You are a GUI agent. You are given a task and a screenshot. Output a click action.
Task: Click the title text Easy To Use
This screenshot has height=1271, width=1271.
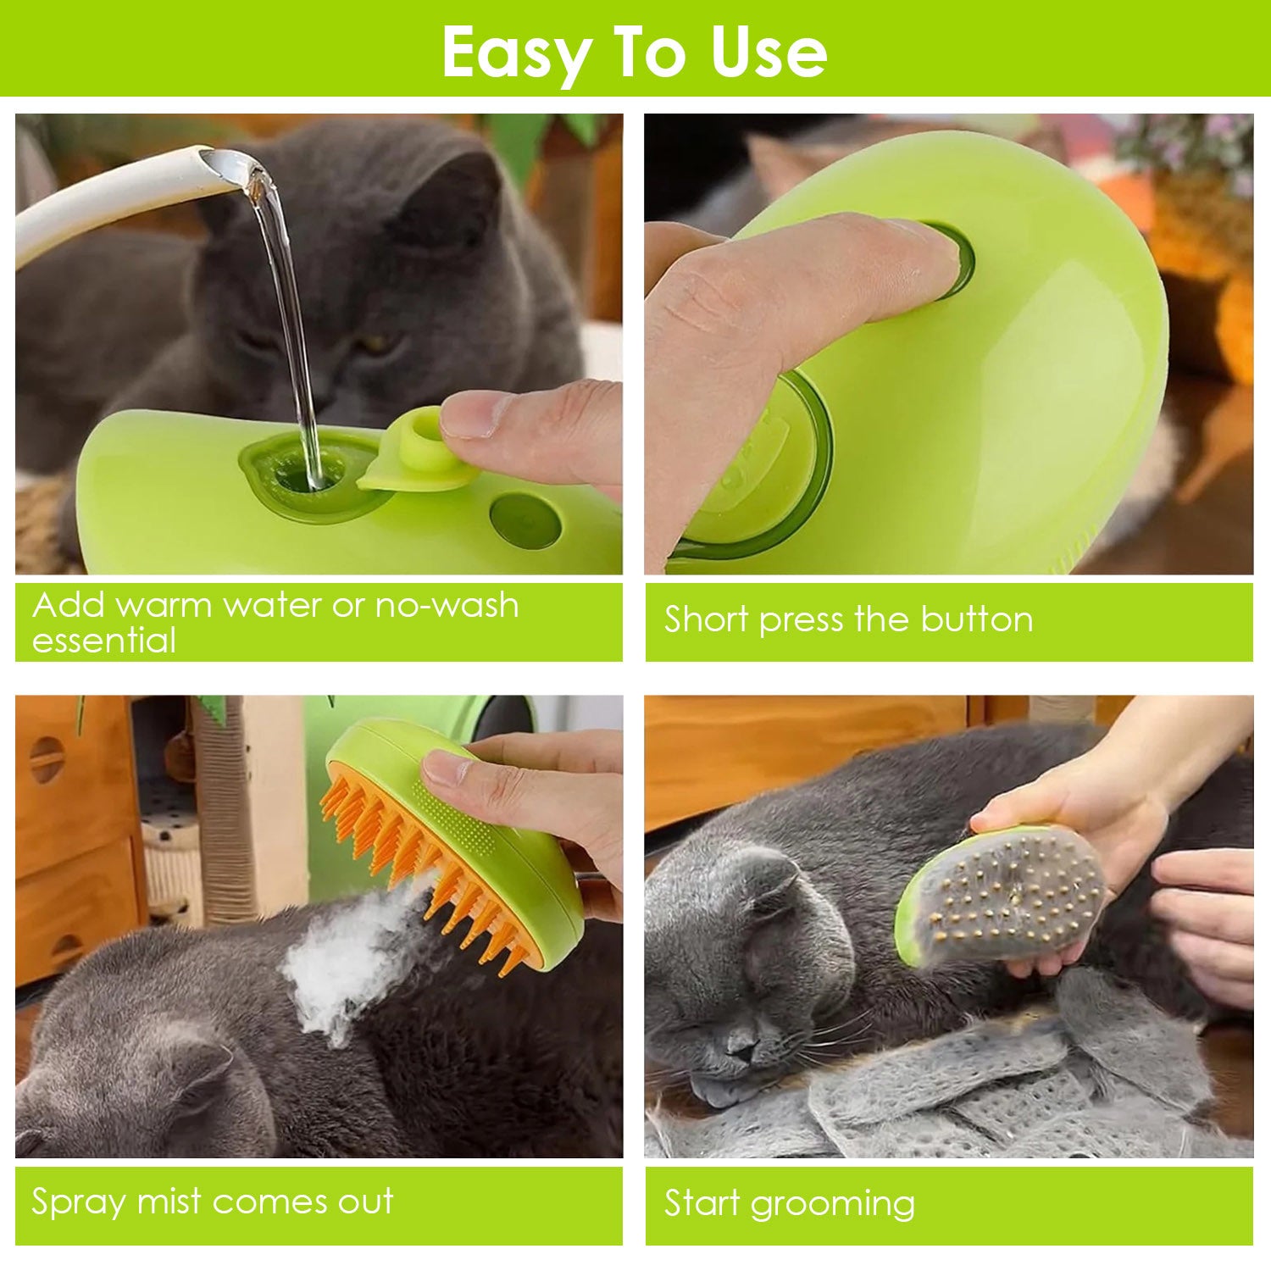pyautogui.click(x=634, y=53)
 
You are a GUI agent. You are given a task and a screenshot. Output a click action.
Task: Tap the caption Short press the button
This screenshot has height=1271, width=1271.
pyautogui.click(x=848, y=619)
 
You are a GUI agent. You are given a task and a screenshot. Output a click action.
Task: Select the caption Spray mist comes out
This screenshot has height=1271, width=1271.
pyautogui.click(x=212, y=1202)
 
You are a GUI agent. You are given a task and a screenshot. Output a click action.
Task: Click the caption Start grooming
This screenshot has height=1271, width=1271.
pyautogui.click(x=789, y=1203)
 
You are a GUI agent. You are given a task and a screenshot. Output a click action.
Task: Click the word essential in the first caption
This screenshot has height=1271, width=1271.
pyautogui.click(x=103, y=641)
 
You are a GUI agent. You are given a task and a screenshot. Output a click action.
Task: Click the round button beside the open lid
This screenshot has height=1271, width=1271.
pyautogui.click(x=525, y=519)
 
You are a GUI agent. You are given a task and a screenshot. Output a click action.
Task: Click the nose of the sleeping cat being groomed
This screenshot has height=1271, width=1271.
pyautogui.click(x=741, y=1051)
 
